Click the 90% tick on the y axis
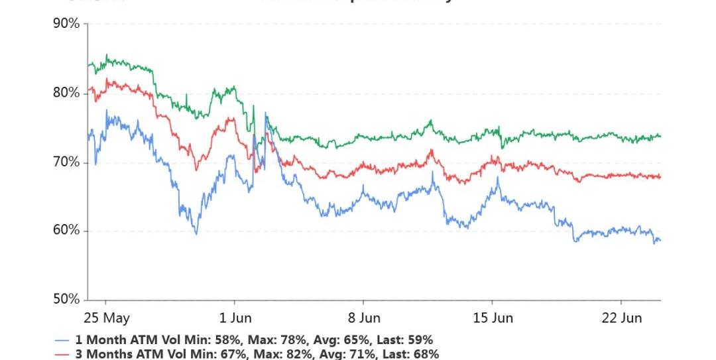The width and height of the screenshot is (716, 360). pos(66,24)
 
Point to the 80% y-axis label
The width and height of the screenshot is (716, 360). pos(66,93)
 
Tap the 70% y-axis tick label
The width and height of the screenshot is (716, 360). pos(66,162)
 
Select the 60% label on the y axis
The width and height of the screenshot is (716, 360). pos(66,231)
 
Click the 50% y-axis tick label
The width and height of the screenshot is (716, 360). pos(66,300)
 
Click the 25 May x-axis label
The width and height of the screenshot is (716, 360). pos(107,318)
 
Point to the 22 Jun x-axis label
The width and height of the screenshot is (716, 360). pos(622,318)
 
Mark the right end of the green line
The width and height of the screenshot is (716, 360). pos(660,136)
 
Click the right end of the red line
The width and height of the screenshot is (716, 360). pos(660,176)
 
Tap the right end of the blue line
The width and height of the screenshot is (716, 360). pos(660,240)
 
